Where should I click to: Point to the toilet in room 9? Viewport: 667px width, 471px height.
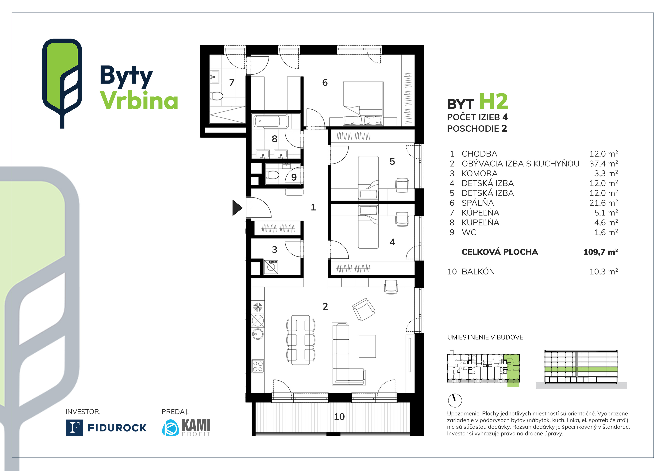[x=273, y=175]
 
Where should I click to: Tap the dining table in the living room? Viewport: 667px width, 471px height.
[x=301, y=340]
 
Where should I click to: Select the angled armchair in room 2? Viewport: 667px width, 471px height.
[x=363, y=309]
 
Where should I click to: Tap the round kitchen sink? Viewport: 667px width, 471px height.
[x=258, y=334]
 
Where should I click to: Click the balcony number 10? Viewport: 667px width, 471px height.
[x=339, y=417]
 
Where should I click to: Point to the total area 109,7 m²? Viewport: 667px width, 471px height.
[x=600, y=252]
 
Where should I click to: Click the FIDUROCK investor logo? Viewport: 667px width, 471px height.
[x=106, y=428]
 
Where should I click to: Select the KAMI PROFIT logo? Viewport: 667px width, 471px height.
[x=186, y=428]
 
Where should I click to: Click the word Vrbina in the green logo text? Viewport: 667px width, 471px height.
[x=139, y=100]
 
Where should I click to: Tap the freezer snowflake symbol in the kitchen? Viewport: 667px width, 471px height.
[x=258, y=307]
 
